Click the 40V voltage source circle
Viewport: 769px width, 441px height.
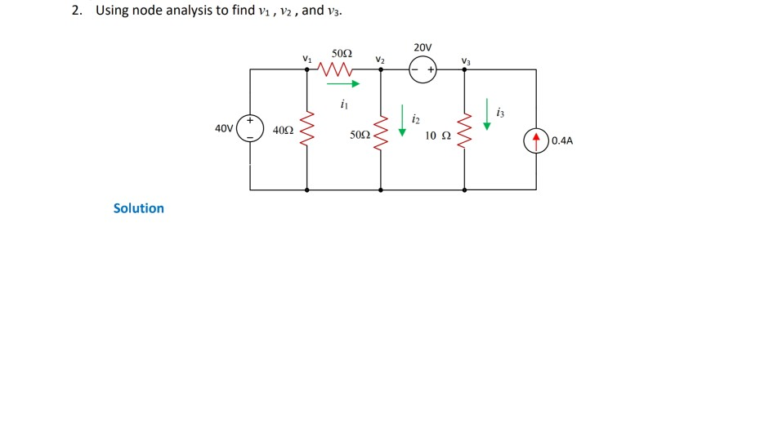[250, 129]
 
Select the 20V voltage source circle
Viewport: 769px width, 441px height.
[423, 70]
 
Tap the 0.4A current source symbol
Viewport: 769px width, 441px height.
[537, 140]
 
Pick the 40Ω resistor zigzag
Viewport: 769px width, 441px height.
[307, 129]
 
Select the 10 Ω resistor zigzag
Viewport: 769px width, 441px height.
[465, 131]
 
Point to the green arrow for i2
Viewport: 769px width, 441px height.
[402, 119]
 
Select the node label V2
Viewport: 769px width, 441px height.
[380, 59]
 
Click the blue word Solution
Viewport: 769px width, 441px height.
[139, 208]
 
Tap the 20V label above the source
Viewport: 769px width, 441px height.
[423, 47]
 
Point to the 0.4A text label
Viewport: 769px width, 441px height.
[562, 140]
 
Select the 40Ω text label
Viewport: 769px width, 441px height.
[283, 130]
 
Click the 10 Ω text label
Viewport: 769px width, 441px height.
[437, 135]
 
